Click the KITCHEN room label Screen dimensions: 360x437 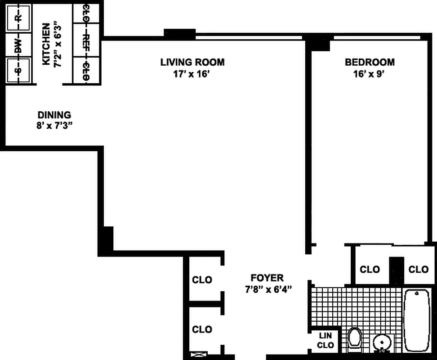46,45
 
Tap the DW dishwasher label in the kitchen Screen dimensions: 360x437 18,45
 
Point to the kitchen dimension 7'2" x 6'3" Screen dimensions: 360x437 58,45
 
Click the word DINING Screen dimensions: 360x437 54,115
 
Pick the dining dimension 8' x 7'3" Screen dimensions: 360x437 54,126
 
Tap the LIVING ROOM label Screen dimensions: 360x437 192,62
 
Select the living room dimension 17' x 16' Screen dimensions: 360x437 192,74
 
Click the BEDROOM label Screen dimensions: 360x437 370,62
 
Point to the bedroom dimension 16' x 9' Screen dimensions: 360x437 370,74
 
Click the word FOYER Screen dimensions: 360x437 267,278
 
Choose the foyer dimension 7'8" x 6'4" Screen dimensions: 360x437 268,289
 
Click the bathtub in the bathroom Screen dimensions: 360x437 417,320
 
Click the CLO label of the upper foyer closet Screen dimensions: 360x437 202,280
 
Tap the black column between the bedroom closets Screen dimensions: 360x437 396,270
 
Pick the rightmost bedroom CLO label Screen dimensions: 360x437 418,270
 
